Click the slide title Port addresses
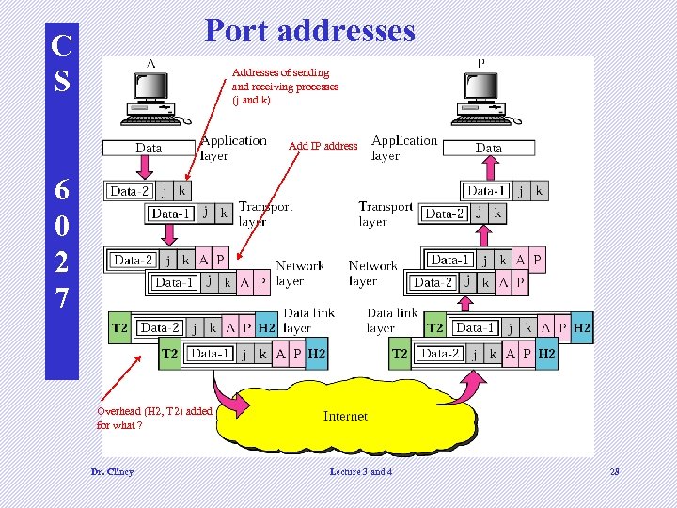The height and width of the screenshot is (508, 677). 309,30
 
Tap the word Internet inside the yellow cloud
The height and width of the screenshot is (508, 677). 345,416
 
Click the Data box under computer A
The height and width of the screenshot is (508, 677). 149,148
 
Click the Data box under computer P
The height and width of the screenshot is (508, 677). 489,148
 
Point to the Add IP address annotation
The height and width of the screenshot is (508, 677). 323,146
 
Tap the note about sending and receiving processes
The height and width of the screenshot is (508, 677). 285,86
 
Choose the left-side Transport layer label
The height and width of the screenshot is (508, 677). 265,214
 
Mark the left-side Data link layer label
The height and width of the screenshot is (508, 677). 309,320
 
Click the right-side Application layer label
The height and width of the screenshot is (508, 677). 404,148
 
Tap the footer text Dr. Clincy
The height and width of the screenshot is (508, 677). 111,471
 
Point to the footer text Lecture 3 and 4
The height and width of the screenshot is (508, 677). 361,471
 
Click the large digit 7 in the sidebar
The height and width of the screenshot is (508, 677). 61,298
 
